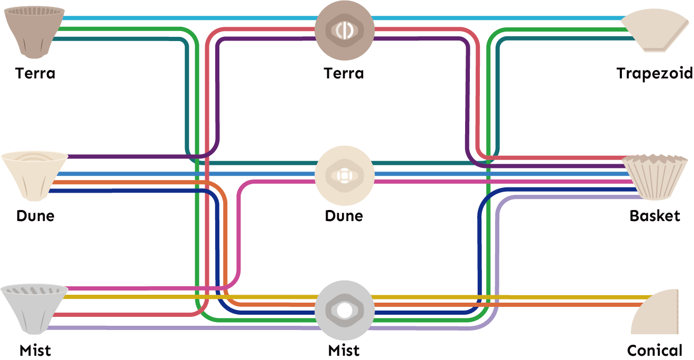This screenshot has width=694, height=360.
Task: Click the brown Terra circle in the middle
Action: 345,30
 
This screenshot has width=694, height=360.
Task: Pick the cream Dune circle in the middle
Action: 345,175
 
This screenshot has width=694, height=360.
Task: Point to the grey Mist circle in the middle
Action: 345,310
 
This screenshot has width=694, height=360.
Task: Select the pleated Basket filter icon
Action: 655,176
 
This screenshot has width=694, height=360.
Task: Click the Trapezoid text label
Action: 655,73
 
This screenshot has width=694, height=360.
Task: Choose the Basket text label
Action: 655,216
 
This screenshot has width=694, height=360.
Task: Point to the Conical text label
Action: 655,350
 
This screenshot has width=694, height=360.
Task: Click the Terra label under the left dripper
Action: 35,73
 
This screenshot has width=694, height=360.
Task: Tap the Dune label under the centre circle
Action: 344,216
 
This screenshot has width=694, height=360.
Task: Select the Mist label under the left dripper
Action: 35,350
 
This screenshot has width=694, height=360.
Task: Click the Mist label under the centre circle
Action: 344,350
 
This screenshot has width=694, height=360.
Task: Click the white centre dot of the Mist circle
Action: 345,311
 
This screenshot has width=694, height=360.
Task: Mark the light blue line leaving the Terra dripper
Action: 158,18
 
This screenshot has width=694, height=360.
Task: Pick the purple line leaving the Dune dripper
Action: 132,156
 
